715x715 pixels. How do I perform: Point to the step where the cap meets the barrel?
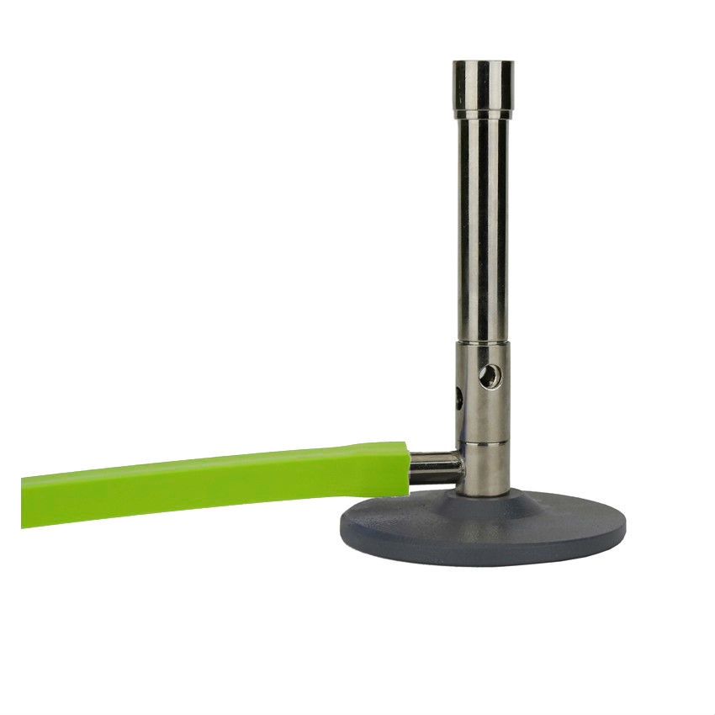483,117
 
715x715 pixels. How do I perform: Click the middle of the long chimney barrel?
483,227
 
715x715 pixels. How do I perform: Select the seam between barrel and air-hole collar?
483,341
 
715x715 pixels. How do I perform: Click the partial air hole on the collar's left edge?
459,397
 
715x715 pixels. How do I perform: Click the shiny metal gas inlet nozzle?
435,467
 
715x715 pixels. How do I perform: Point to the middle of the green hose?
210,484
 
